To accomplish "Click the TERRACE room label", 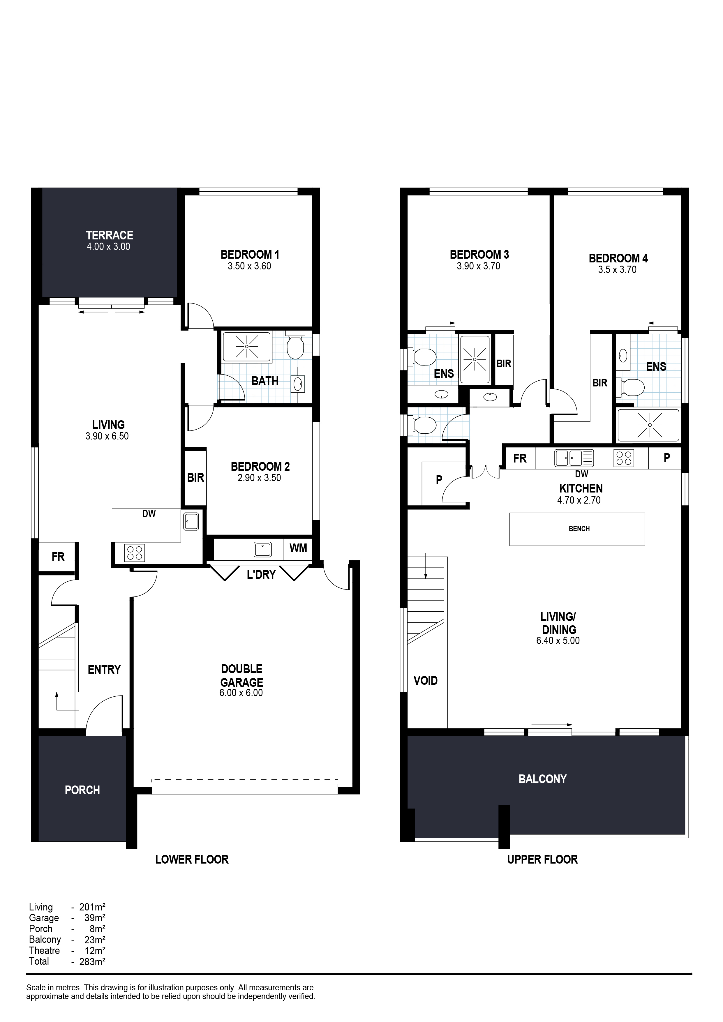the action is click(110, 235).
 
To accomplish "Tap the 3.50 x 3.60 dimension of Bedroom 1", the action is click(249, 266).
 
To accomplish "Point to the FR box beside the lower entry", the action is click(58, 556).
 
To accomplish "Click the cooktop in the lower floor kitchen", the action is click(135, 553).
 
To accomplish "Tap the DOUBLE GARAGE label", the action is click(242, 675).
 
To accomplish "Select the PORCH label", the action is click(82, 790).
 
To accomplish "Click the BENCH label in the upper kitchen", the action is click(579, 529).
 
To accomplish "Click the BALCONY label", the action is click(543, 779).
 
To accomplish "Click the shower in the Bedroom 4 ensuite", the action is click(649, 425).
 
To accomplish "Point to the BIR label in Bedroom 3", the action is click(504, 364).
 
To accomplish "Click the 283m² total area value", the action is click(92, 962).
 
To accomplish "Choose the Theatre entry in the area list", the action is click(45, 951).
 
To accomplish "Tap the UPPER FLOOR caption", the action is click(542, 859).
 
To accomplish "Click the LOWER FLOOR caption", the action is click(192, 859).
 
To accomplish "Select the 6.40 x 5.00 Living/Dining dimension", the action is click(558, 641).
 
